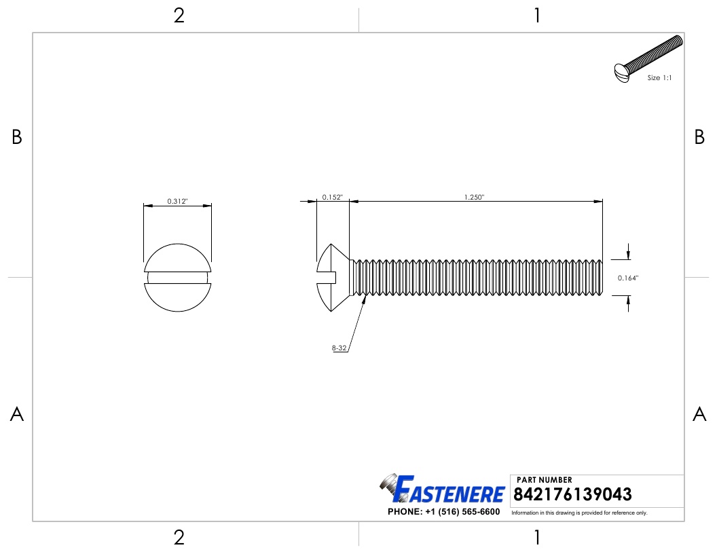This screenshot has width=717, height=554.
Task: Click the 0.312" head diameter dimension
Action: pos(177,202)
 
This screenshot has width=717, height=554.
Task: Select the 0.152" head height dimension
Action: pos(332,197)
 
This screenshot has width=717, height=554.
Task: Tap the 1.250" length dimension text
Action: pos(474,197)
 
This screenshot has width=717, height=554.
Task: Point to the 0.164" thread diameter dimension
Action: pos(628,278)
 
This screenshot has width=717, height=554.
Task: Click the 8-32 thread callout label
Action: pos(339,348)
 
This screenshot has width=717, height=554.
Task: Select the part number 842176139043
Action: pos(574,494)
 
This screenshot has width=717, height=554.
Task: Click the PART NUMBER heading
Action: pos(545,480)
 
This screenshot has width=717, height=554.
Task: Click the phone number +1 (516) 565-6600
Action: pos(443,512)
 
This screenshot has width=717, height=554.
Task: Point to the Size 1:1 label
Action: pos(659,78)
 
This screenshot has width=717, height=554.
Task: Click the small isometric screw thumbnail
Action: pos(646,60)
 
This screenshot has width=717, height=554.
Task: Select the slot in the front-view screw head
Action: pos(177,277)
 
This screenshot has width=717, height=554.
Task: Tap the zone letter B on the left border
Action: pos(17,138)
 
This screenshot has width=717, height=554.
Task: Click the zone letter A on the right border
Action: pos(699,414)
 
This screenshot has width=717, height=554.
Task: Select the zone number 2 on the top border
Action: pos(179,16)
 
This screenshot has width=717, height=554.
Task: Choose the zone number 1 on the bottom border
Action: pos(537,538)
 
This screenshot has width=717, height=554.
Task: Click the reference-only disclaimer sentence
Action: pos(579,513)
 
